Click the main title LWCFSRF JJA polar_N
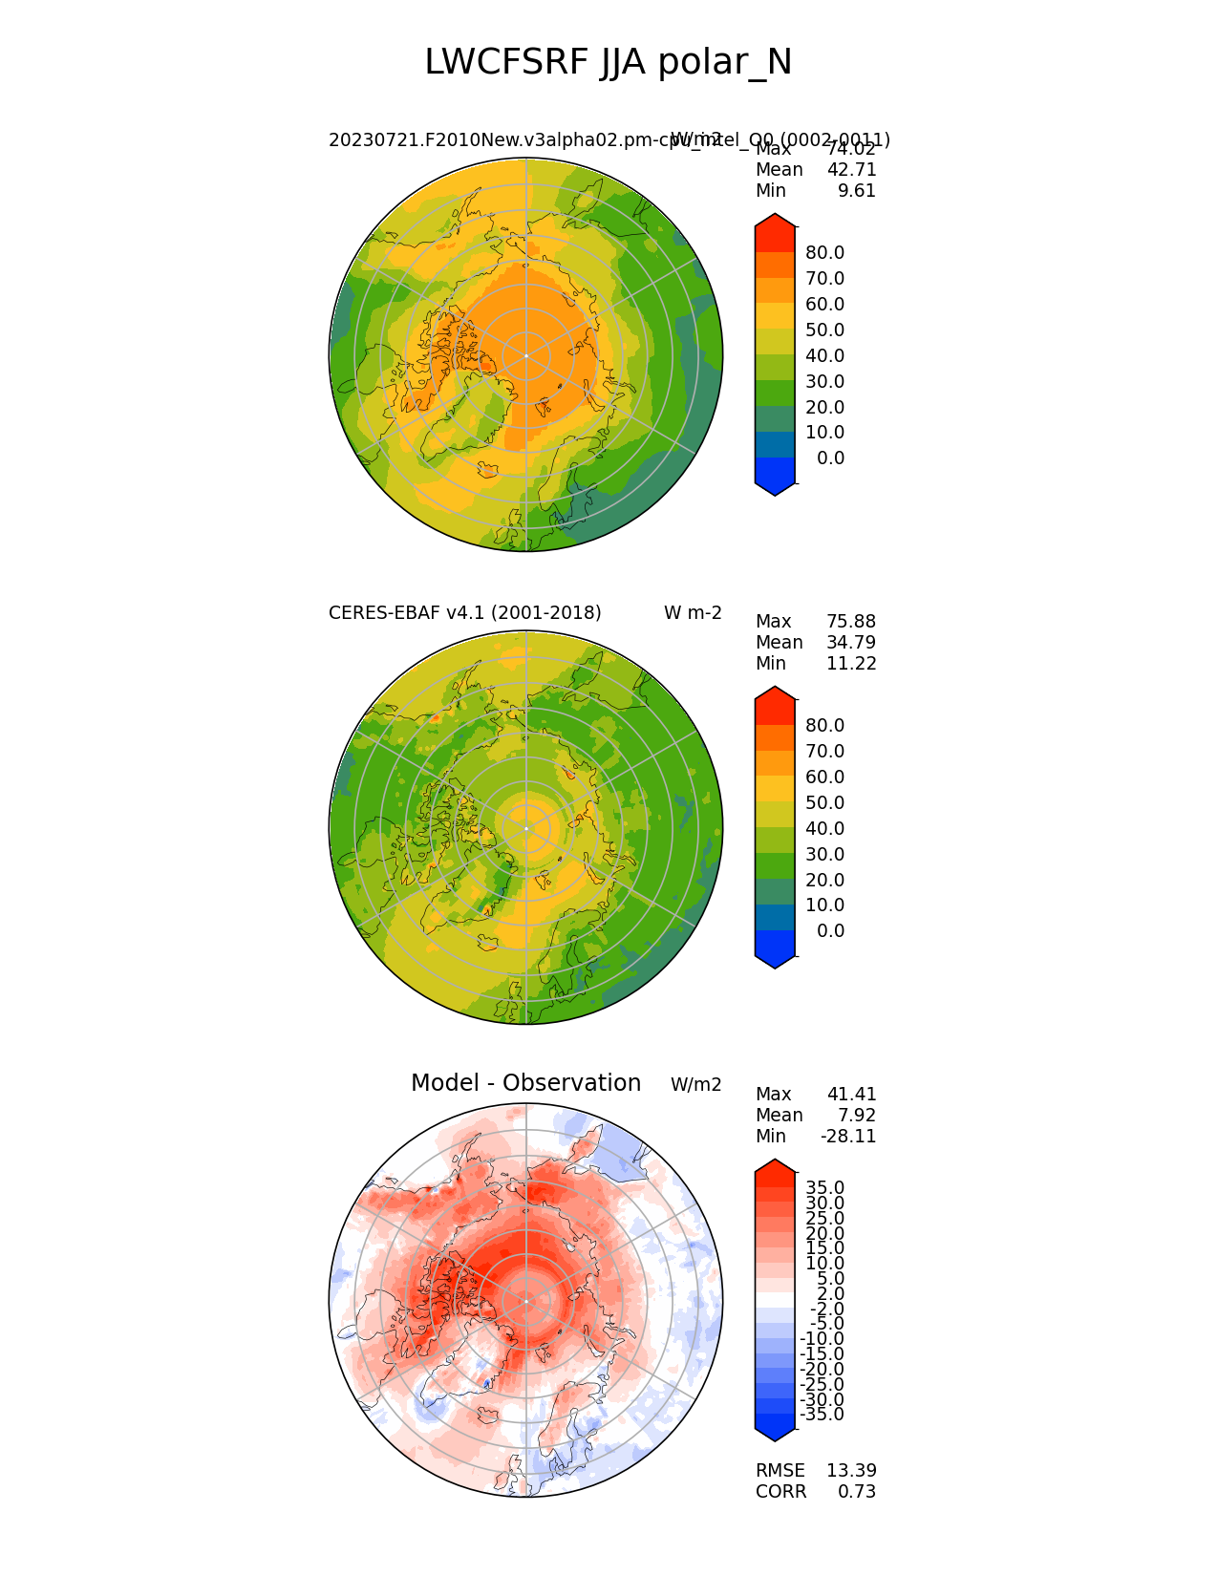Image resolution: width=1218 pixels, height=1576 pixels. point(608,63)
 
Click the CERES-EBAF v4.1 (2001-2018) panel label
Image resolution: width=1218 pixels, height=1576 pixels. point(464,613)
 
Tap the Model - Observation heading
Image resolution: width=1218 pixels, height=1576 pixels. point(525,1083)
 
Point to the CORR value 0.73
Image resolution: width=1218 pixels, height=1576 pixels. point(857,1492)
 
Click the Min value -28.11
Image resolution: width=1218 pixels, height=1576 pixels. point(848,1137)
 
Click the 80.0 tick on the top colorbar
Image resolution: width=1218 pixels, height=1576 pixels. point(824,253)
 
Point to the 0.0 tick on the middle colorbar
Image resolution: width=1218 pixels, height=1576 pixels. point(830,931)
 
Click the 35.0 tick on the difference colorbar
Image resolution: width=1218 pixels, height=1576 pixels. point(824,1188)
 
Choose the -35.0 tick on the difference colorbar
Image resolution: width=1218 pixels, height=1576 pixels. point(822,1415)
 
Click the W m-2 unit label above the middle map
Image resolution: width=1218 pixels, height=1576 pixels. point(693,613)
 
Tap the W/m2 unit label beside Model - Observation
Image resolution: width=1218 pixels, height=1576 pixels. point(695,1085)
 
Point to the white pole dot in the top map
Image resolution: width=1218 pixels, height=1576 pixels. point(526,355)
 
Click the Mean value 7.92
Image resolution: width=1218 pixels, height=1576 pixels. point(857,1116)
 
